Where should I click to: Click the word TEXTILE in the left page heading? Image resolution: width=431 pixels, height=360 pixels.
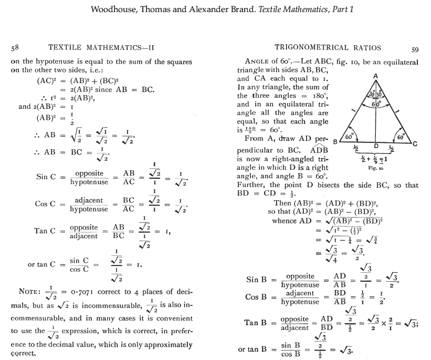66,48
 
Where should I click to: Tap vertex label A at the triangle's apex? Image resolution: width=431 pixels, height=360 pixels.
375,75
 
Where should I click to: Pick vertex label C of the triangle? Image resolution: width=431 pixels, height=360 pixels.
415,143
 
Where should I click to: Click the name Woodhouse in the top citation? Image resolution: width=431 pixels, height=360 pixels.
114,9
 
